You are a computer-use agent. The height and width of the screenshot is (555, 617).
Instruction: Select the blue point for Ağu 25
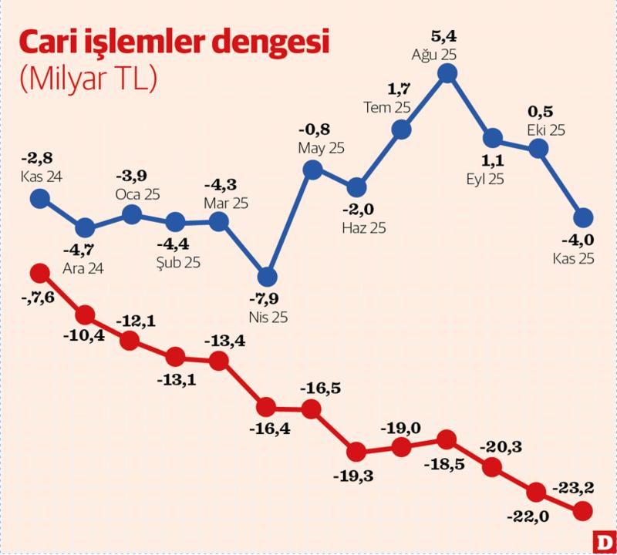(x=447, y=73)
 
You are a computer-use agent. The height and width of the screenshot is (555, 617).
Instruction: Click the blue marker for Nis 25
(x=267, y=277)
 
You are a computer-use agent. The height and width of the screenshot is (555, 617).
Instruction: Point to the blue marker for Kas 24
(x=39, y=199)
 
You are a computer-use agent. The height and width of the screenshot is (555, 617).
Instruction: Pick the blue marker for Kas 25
(x=583, y=217)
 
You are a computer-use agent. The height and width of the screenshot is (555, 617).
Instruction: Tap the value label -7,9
(x=267, y=298)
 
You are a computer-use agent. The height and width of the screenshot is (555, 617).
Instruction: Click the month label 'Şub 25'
(x=177, y=262)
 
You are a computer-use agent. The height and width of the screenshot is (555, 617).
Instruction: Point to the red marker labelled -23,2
(x=583, y=510)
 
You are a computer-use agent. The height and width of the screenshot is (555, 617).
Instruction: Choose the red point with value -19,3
(x=356, y=451)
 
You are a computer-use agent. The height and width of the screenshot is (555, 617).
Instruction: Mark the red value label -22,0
(x=530, y=516)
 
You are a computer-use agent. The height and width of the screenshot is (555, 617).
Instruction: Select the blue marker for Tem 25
(x=401, y=129)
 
